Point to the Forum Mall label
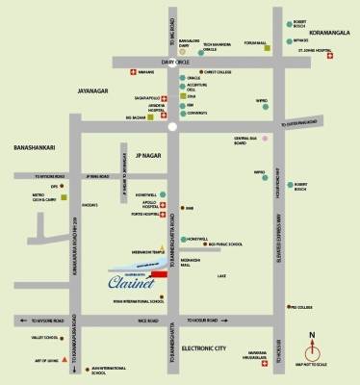257,42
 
